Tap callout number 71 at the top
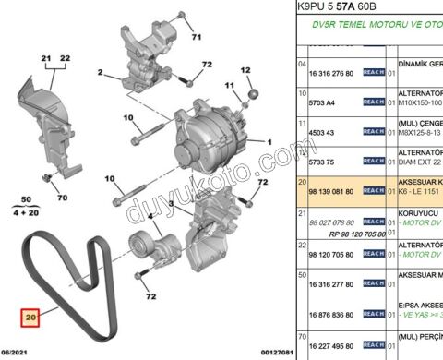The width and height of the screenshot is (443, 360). click(195, 38)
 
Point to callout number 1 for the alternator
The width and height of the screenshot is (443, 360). click(269, 142)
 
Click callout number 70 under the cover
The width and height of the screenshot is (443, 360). click(63, 198)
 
